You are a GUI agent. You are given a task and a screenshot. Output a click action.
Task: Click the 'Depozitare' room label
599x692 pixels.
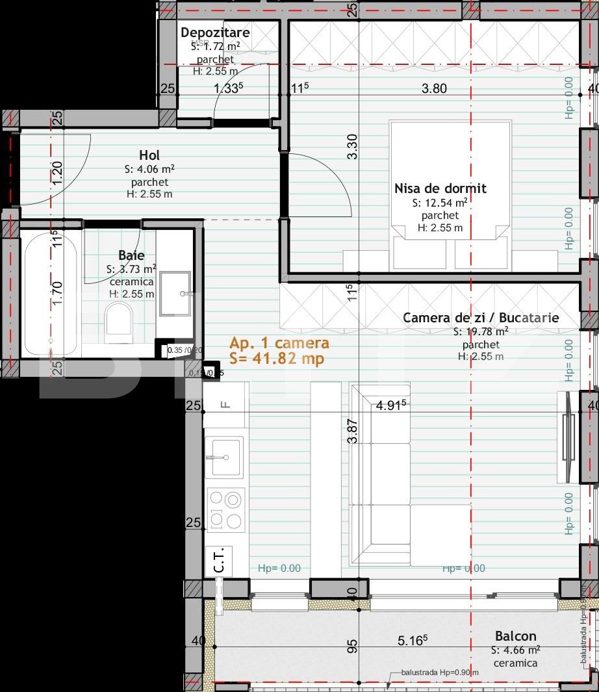(214, 32)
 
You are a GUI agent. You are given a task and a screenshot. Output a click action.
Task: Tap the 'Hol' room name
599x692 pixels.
(149, 155)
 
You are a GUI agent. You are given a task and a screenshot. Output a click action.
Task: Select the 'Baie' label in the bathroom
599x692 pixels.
(131, 255)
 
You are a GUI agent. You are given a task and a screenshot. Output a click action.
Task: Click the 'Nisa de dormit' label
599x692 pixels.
(440, 188)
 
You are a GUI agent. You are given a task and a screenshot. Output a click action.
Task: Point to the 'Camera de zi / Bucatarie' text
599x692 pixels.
(481, 318)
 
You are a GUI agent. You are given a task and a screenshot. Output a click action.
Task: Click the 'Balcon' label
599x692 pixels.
(516, 635)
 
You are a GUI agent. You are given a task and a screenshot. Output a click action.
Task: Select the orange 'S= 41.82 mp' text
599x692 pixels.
(277, 358)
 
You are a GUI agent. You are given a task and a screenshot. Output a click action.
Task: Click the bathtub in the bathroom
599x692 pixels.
(51, 293)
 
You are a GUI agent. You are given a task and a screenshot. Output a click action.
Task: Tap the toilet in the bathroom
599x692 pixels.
(118, 324)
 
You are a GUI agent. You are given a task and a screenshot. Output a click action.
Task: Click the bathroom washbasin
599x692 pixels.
(175, 294)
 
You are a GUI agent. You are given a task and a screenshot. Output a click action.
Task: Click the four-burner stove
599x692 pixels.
(225, 510)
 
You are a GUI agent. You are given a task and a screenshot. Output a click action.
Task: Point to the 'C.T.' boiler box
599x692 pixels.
(218, 561)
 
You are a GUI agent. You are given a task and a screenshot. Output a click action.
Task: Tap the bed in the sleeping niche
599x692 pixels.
(450, 195)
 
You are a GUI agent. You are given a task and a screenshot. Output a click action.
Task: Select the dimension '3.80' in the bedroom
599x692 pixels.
(434, 88)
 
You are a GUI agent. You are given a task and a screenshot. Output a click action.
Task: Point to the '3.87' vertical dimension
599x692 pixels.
(352, 431)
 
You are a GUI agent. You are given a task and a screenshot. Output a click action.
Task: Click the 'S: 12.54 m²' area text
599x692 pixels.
(440, 203)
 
